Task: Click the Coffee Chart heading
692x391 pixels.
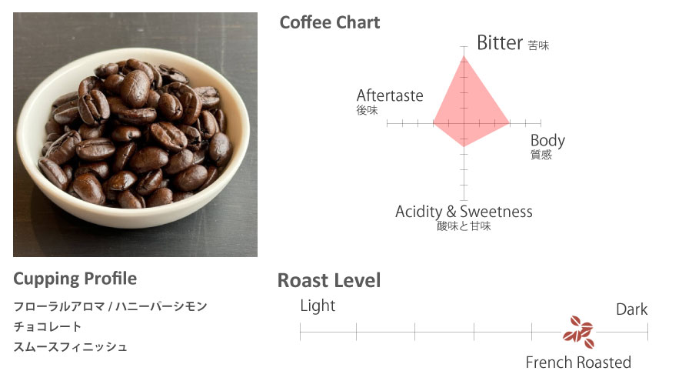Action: point(330,22)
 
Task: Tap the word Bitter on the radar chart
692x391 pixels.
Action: point(500,43)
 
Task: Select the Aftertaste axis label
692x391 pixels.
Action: point(390,95)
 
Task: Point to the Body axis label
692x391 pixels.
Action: point(547,141)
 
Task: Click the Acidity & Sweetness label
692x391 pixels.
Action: point(464,212)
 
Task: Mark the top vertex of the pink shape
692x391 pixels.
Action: point(464,55)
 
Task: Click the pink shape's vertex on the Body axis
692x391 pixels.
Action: point(510,123)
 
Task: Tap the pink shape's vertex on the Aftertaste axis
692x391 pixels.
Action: point(434,123)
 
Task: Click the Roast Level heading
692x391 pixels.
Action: point(329,280)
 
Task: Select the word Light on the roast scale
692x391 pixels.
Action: point(318,306)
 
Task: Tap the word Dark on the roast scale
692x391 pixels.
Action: point(632,309)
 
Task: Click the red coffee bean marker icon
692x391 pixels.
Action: point(578,332)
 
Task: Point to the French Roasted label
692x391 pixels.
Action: point(578,363)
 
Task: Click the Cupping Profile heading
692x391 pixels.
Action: point(75,279)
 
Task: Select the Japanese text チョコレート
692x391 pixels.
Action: point(48,326)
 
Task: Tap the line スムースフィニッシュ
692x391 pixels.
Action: point(71,347)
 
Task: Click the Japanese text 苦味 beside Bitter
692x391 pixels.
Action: point(538,45)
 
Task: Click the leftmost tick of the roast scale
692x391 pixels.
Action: point(300,332)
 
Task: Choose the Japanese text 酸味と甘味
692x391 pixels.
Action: point(464,226)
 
